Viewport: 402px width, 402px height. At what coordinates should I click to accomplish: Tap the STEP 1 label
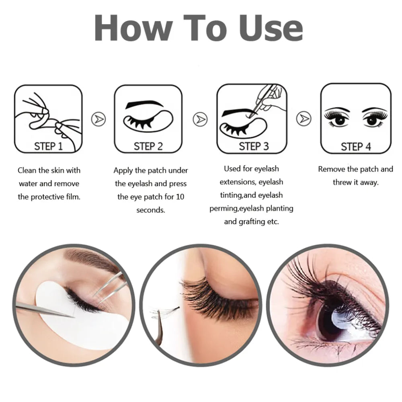pos(48,146)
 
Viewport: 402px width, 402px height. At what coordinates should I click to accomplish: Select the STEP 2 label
pos(148,146)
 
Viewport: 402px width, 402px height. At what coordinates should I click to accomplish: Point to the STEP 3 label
pos(254,146)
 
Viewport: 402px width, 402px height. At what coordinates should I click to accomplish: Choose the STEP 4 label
pos(355,146)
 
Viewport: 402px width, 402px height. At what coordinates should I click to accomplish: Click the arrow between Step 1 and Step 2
pos(98,119)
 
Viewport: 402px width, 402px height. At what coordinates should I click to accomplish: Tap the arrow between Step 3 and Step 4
pos(304,119)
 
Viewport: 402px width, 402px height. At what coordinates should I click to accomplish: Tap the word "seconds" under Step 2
pos(151,210)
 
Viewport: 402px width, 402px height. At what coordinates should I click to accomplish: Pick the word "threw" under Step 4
pos(342,182)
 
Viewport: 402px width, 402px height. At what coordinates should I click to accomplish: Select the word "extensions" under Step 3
pos(237,182)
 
